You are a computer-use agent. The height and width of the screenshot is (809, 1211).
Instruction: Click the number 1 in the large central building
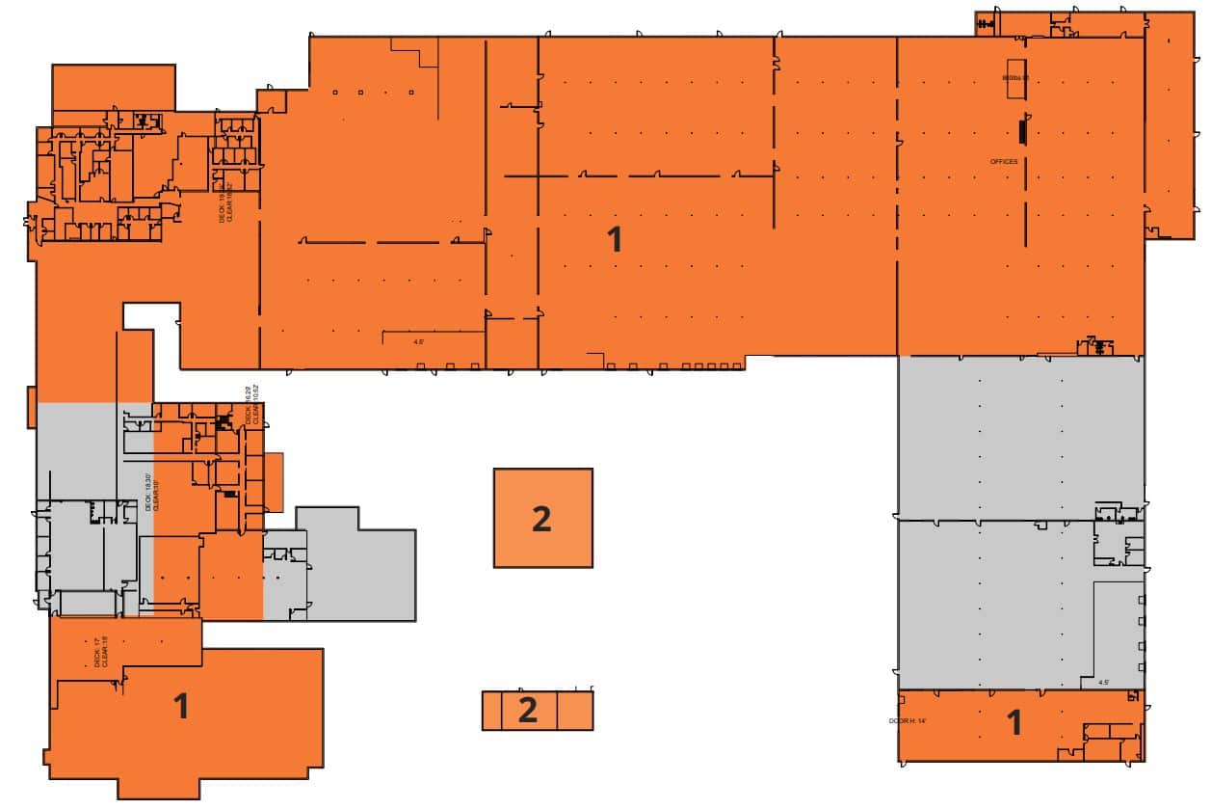point(615,238)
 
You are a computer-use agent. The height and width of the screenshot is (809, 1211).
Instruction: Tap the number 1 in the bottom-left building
point(180,706)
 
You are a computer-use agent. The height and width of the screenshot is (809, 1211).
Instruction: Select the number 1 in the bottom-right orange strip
point(1014,721)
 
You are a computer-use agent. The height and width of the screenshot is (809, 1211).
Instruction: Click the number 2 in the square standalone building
point(541,519)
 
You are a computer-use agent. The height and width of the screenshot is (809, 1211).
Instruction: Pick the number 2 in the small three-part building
point(527,710)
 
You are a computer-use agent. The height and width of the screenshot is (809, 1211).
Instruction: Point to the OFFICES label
point(1003,162)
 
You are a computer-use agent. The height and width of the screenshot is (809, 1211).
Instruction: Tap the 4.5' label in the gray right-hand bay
point(1103,682)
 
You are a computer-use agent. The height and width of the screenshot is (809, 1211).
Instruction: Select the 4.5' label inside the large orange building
point(418,340)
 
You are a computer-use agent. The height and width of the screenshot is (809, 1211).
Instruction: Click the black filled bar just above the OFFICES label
point(1023,130)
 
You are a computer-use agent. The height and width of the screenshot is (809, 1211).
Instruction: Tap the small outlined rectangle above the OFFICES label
point(1016,85)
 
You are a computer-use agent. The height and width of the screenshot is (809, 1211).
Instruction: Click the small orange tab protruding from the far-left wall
point(32,407)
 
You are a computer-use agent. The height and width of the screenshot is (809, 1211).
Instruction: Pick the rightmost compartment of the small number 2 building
point(575,711)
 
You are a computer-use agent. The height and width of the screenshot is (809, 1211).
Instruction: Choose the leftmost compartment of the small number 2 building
point(492,711)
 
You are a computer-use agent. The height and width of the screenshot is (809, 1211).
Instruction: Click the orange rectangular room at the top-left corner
point(113,87)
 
